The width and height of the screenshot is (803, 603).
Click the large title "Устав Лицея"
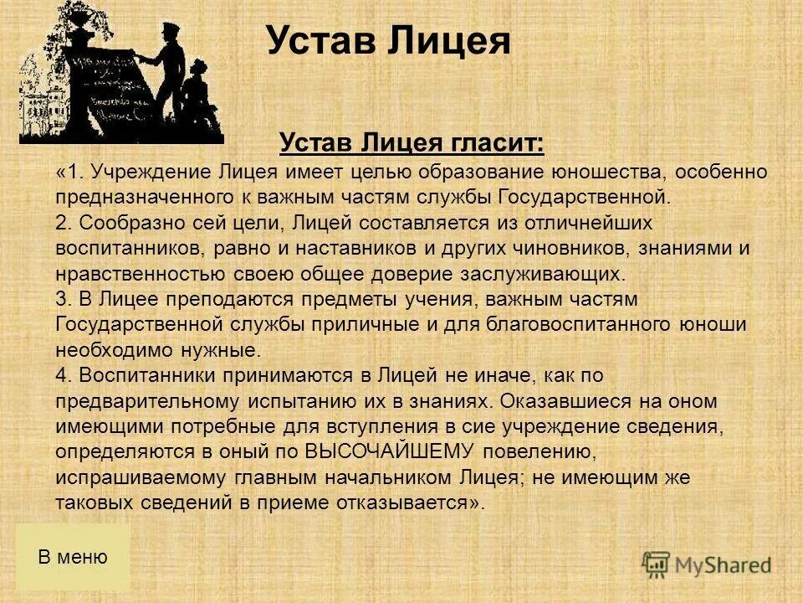[388, 40]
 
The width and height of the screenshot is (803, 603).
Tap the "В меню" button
[73, 557]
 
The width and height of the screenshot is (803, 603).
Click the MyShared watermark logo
[707, 564]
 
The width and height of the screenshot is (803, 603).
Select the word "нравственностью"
[138, 274]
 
